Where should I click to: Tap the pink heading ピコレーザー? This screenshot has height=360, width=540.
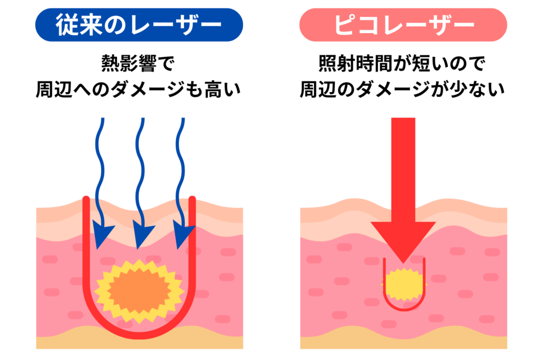403,25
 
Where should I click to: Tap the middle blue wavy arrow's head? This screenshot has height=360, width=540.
141,235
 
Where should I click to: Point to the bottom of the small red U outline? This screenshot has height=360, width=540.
403,309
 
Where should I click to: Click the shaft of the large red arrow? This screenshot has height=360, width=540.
403,169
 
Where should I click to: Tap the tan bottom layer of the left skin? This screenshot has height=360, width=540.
139,343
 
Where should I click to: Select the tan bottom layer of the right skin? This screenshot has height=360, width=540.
403,343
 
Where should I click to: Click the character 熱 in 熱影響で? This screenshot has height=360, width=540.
109,64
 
